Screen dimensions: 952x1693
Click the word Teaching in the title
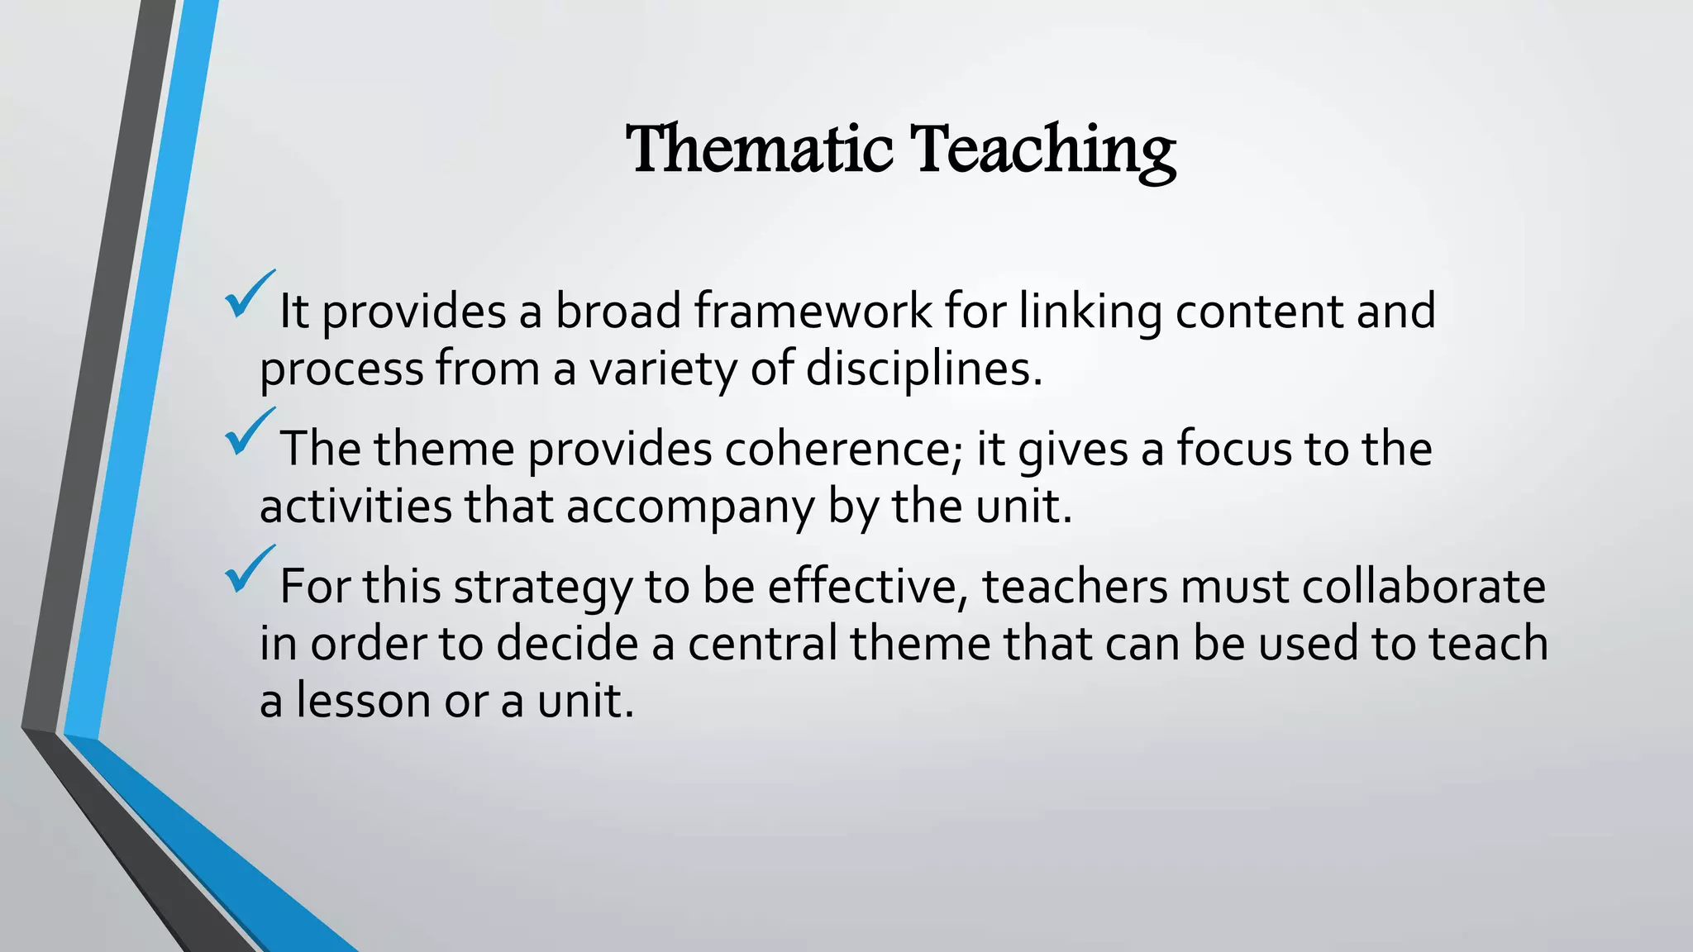click(x=1042, y=149)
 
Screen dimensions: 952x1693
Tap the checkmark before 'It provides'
click(x=249, y=295)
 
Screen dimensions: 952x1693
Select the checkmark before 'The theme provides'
click(x=249, y=432)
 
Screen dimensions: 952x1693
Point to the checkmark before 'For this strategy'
click(x=249, y=570)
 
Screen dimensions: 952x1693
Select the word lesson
click(x=363, y=700)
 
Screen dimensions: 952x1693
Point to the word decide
click(x=567, y=643)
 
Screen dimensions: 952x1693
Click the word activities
click(x=355, y=506)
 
